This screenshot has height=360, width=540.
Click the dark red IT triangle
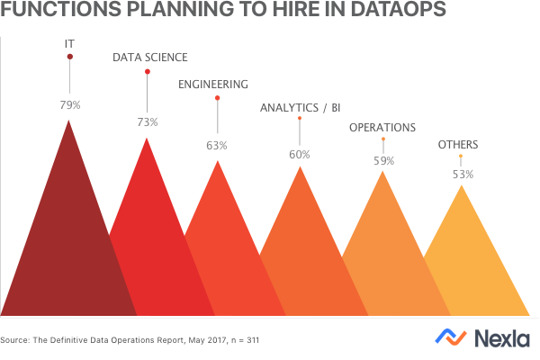point(67,243)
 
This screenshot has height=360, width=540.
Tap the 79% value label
point(70,105)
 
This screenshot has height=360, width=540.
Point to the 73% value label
point(148,121)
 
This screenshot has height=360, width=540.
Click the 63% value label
point(217,145)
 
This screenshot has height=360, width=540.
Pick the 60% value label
point(300,154)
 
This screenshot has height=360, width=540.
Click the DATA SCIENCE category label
point(149,58)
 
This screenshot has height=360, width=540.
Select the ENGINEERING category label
point(213,85)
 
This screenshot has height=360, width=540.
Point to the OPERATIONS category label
point(382,128)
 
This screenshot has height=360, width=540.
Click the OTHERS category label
point(458,145)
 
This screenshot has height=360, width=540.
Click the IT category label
point(70,42)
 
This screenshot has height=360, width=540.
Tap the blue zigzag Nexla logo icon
point(451,337)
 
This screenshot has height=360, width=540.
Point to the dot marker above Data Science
point(148,72)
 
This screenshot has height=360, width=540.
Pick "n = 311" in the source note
point(241,341)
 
